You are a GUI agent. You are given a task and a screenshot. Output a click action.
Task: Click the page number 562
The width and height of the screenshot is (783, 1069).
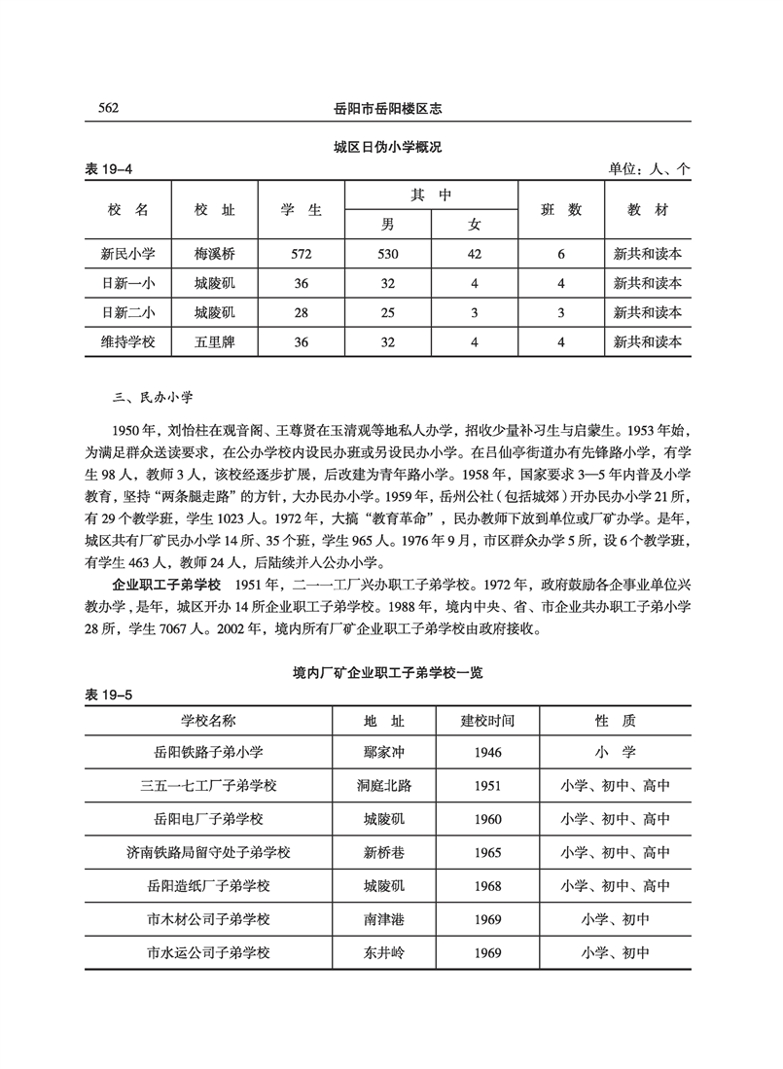coord(103,108)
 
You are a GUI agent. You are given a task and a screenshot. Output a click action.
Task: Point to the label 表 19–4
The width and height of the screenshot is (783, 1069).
coord(110,169)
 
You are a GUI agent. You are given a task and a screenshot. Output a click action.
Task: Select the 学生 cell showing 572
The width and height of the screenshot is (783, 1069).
coord(301,254)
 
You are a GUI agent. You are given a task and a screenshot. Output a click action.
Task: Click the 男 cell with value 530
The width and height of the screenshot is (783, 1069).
coord(388,254)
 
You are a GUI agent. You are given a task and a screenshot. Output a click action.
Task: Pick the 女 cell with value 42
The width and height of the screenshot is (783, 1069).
coord(474,254)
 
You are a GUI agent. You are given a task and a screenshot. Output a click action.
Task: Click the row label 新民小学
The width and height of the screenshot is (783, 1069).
coord(127,254)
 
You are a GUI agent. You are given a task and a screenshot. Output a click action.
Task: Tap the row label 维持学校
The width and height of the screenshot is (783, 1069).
coord(127,341)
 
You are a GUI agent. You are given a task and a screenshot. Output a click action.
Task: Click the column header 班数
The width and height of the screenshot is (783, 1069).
coord(561,209)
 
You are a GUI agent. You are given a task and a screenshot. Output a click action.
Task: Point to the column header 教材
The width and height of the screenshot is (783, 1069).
coord(648,209)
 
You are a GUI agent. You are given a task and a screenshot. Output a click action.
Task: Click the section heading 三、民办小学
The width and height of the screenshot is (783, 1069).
coord(155,397)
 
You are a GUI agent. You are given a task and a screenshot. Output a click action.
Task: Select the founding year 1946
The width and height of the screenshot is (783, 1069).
coord(487,752)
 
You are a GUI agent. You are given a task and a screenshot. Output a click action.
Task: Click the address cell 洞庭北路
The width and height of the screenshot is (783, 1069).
coord(383,786)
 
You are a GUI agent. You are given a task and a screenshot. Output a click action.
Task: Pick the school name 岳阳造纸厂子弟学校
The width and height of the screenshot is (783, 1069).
coord(209,886)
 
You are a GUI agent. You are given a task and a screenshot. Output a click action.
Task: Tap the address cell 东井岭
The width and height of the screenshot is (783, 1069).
coord(383,952)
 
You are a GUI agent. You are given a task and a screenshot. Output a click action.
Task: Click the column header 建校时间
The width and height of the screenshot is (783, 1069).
coord(487,720)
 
